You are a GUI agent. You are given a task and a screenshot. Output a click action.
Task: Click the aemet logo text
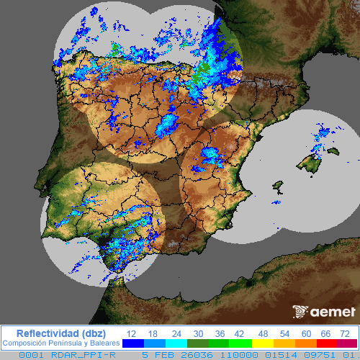pyautogui.click(x=333, y=312)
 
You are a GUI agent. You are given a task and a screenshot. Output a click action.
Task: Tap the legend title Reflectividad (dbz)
pyautogui.click(x=60, y=333)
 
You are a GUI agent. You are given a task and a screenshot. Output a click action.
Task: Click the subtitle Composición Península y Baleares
pyautogui.click(x=60, y=343)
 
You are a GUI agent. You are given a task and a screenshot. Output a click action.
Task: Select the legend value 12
pyautogui.click(x=132, y=333)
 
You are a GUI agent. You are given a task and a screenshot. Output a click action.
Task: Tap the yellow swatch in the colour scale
pyautogui.click(x=263, y=343)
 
